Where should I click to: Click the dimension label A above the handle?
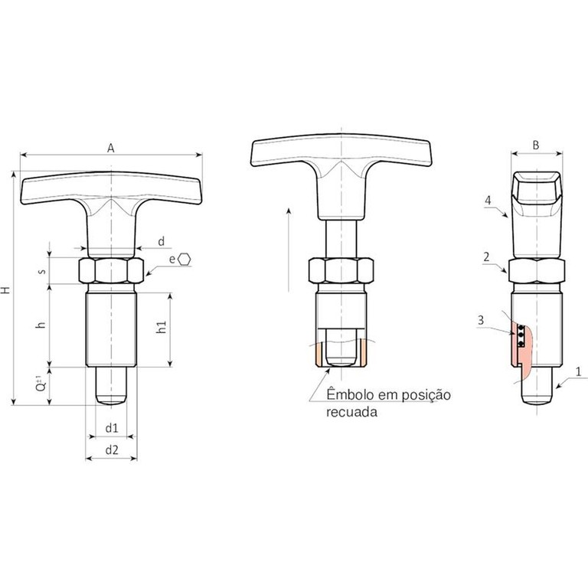tap(110, 149)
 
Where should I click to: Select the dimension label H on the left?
tap(5, 289)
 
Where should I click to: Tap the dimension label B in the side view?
tap(536, 145)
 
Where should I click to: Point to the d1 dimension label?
tap(111, 428)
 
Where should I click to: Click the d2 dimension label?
tap(111, 449)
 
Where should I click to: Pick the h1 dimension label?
tap(162, 327)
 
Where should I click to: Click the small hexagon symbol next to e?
tap(184, 259)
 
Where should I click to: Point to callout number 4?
tap(488, 201)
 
